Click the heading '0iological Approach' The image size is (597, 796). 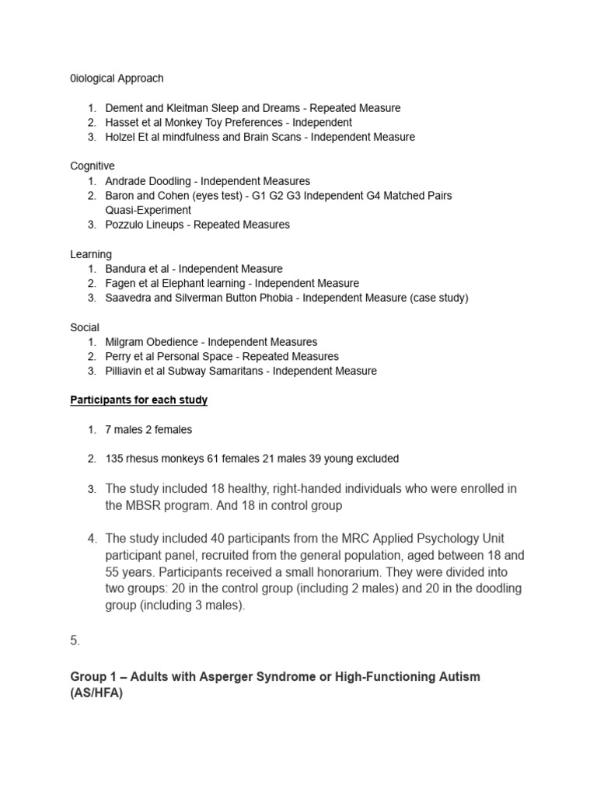117,79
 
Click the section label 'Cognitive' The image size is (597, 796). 93,166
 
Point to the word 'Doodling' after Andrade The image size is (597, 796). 170,181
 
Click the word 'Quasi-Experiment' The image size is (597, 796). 148,210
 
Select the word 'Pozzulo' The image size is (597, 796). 124,225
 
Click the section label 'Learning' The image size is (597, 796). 91,254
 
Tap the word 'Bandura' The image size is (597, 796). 125,269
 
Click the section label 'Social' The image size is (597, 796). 85,327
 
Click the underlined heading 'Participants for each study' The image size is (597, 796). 139,400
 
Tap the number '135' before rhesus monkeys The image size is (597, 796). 114,459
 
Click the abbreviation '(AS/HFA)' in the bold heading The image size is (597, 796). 96,693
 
